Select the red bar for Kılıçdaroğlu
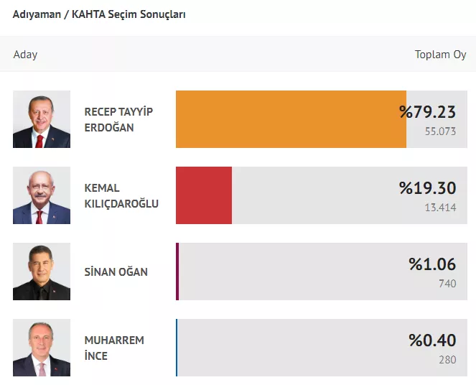click(x=204, y=195)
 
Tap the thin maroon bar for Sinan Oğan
click(x=177, y=272)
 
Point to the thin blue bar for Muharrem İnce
click(x=177, y=348)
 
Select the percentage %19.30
click(x=427, y=187)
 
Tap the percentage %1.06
click(x=432, y=264)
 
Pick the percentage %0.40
click(x=432, y=340)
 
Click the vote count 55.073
click(x=441, y=131)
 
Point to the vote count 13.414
click(x=441, y=208)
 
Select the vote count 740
click(x=447, y=284)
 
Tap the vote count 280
click(x=447, y=360)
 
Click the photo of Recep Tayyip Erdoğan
click(x=42, y=119)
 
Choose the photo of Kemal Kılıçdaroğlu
click(x=42, y=195)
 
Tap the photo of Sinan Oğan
click(x=42, y=272)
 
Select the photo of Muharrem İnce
click(x=42, y=348)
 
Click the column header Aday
click(x=25, y=55)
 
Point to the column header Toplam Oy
click(x=440, y=55)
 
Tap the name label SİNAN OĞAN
click(x=116, y=272)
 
